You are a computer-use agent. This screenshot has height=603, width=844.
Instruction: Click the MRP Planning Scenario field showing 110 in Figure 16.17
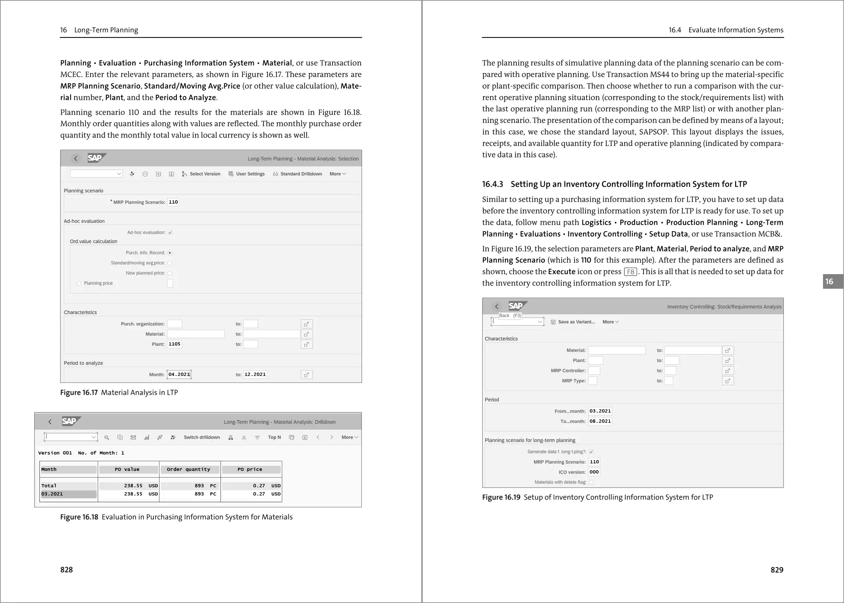click(173, 202)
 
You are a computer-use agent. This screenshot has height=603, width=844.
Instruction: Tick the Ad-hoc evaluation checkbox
click(170, 232)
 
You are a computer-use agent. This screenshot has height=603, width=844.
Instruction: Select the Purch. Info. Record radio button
click(170, 253)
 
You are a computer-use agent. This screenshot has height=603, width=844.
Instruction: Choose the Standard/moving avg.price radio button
click(170, 263)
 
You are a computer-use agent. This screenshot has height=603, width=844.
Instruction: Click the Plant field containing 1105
click(174, 344)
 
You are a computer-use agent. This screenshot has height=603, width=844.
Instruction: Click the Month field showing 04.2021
click(179, 374)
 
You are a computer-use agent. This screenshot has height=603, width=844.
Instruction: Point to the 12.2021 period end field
click(255, 374)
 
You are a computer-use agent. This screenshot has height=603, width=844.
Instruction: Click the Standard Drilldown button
click(298, 174)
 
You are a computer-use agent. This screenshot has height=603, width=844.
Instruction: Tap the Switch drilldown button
click(202, 437)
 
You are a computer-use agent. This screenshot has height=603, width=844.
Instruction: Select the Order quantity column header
click(189, 469)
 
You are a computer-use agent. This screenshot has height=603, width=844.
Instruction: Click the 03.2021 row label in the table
click(52, 494)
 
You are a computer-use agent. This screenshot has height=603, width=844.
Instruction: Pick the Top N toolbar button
click(274, 437)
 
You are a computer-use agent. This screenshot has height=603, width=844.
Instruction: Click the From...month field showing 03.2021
click(600, 411)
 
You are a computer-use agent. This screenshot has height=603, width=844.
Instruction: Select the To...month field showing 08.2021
click(600, 421)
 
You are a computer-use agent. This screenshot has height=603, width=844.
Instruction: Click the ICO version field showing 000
click(594, 472)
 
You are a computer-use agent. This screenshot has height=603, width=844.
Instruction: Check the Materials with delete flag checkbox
click(591, 482)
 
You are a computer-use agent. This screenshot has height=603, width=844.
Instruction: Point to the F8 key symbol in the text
click(631, 272)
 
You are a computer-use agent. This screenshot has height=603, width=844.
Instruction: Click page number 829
click(776, 570)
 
